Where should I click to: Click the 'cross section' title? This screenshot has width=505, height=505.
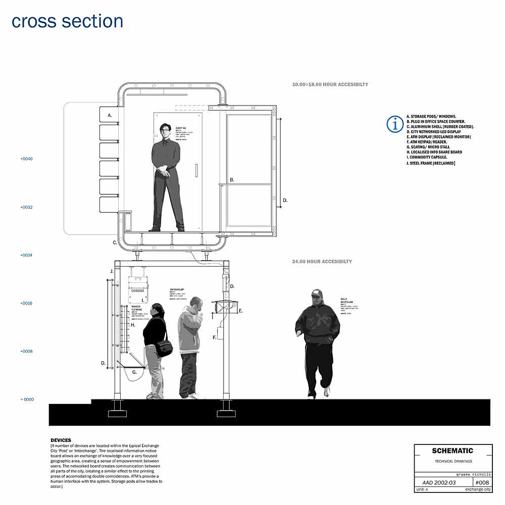click(x=67, y=21)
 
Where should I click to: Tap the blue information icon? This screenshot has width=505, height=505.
click(x=394, y=124)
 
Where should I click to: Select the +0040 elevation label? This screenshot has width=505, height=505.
click(x=27, y=159)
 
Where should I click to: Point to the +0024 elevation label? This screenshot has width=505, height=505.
click(x=27, y=256)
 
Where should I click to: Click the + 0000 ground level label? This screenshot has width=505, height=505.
click(x=27, y=399)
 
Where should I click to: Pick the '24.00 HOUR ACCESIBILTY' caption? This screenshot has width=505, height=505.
click(x=322, y=262)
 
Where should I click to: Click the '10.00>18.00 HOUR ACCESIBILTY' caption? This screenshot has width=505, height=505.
click(x=330, y=84)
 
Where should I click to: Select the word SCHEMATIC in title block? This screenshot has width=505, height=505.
click(x=452, y=451)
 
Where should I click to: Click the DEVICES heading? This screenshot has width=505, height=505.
click(x=61, y=440)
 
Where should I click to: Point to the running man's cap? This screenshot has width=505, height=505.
click(x=317, y=293)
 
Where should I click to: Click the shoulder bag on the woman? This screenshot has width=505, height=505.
click(x=164, y=348)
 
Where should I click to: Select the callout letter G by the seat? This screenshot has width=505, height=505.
click(x=134, y=372)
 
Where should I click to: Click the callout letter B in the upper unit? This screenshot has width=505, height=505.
click(x=232, y=180)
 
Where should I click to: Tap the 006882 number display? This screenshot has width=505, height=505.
click(x=137, y=290)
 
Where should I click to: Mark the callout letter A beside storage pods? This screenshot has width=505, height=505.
click(x=110, y=116)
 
